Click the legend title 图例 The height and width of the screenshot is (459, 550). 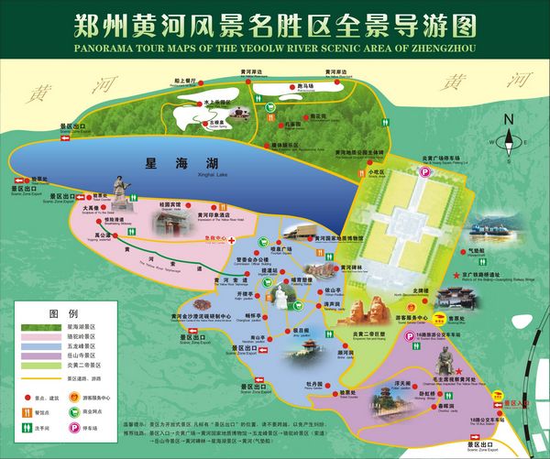[60, 312]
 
